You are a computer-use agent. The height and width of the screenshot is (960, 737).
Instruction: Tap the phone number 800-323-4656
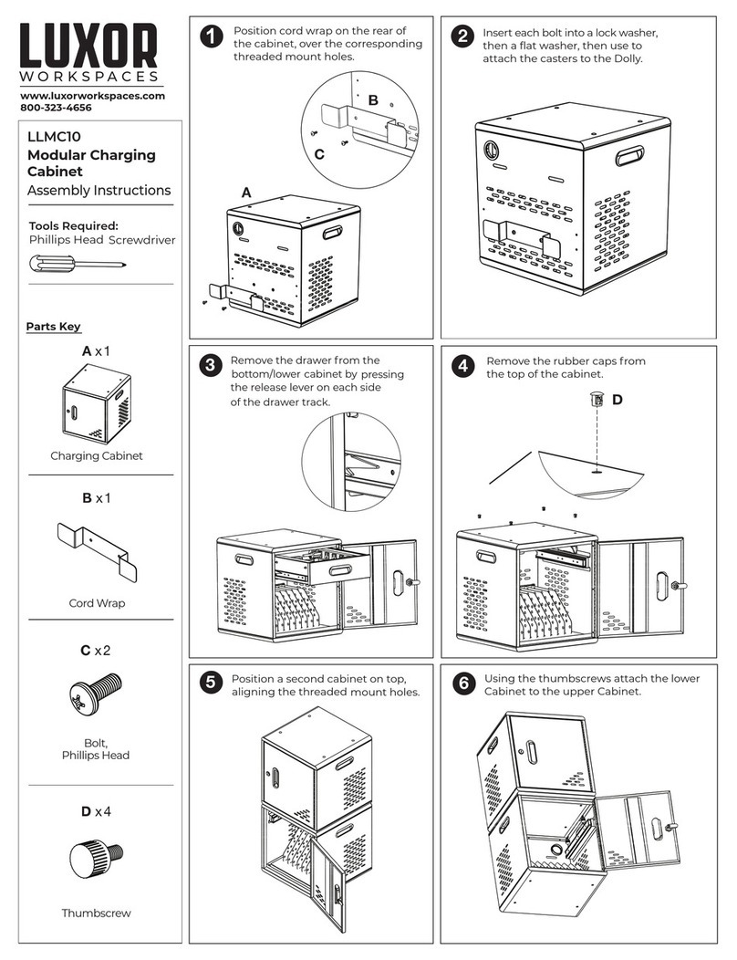tap(56, 108)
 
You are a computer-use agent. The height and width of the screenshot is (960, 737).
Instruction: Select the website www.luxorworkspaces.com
tap(92, 95)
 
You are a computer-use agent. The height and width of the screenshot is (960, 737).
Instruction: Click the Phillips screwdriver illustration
tap(77, 264)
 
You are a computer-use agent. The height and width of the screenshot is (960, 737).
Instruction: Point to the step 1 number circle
tap(212, 37)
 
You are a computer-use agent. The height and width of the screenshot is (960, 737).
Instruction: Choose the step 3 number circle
tap(212, 367)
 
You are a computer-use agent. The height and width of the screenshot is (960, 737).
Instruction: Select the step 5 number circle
tap(212, 682)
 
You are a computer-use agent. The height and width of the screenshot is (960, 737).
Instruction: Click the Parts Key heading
tap(51, 327)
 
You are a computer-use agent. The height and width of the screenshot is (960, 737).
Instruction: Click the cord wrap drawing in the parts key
tap(97, 551)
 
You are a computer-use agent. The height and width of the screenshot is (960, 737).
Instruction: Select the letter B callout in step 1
tap(372, 99)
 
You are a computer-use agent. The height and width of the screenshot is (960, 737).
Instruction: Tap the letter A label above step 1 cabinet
tap(245, 193)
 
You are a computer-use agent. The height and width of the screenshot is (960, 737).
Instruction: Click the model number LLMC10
tap(49, 137)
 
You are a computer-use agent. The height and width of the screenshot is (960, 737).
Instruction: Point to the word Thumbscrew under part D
tap(96, 913)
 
